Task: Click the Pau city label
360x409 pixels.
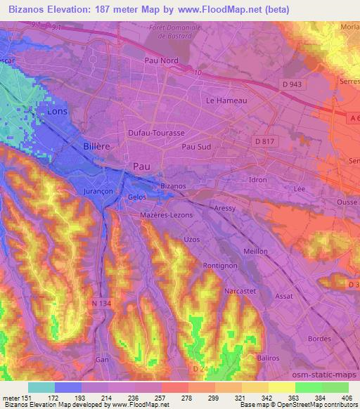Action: click(141, 165)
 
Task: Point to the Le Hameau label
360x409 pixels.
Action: click(226, 101)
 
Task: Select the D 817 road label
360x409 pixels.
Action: click(264, 141)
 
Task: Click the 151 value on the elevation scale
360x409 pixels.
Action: click(26, 398)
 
